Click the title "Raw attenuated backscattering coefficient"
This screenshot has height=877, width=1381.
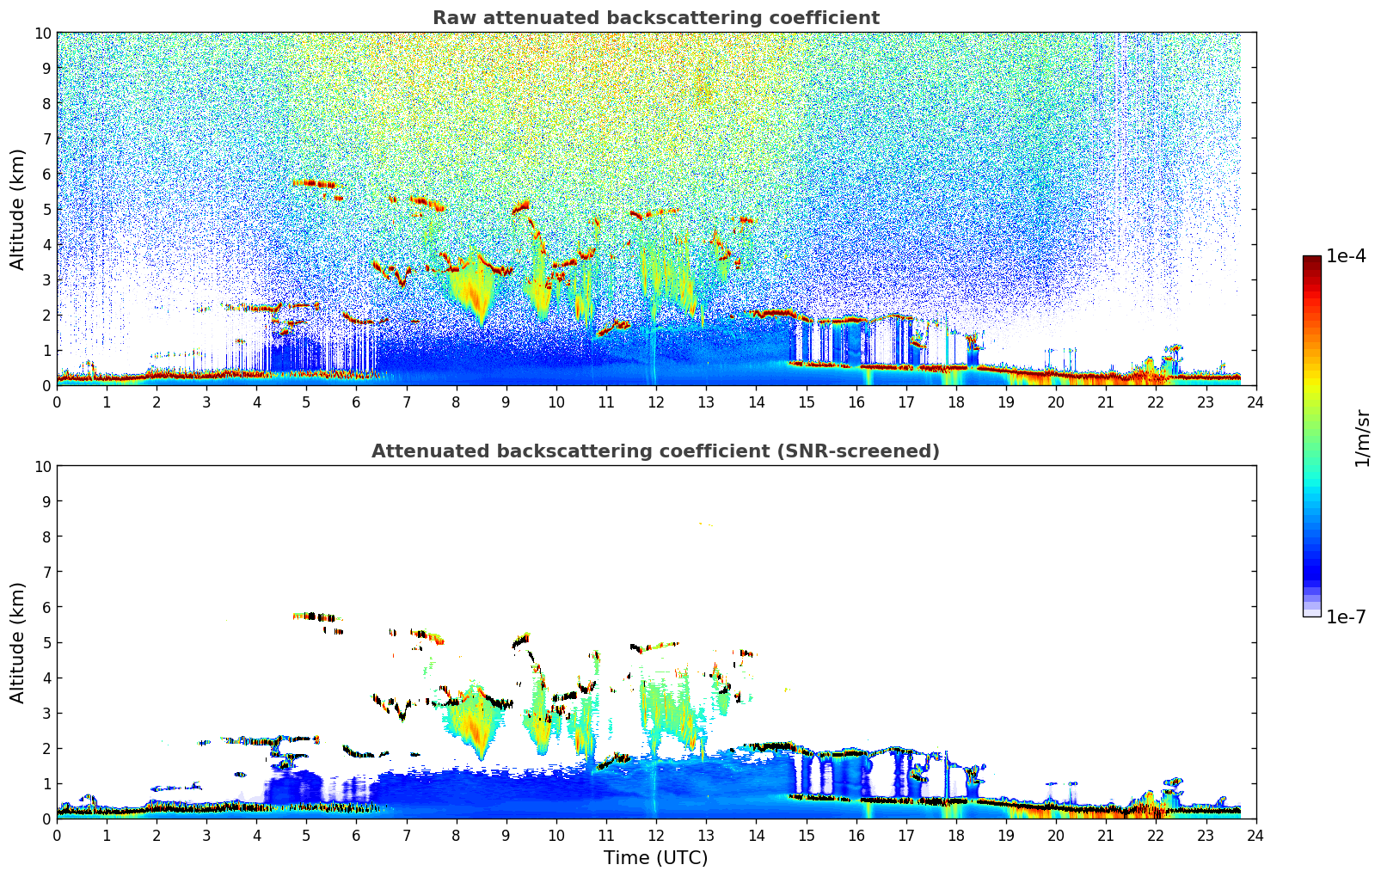point(655,18)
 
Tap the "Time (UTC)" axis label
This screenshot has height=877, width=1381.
point(655,857)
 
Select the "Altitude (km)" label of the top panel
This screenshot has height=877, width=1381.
point(18,209)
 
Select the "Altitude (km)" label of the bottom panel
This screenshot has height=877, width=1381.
point(18,642)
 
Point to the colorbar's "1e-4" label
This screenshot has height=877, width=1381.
point(1346,256)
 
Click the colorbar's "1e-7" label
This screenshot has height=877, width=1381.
point(1346,616)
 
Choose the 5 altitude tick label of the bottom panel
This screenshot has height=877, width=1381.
point(47,642)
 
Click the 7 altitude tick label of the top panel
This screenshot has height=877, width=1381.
point(47,138)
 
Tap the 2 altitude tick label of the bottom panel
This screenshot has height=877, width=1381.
point(47,748)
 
